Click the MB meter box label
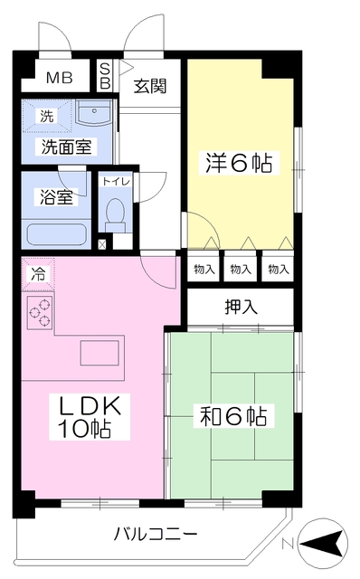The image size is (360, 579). [x=59, y=78]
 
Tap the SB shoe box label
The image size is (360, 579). [x=106, y=76]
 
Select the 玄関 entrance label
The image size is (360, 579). [x=150, y=86]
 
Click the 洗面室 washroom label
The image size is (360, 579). [x=66, y=147]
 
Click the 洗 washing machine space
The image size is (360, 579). [x=47, y=117]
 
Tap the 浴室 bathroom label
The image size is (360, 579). [x=56, y=197]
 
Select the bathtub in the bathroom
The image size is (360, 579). [x=57, y=235]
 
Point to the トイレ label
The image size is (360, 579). [x=116, y=182]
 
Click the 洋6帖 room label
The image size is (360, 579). [x=239, y=163]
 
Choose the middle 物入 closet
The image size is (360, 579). [x=241, y=270]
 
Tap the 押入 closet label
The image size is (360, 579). [x=241, y=307]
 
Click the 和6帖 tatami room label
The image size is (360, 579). [x=233, y=416]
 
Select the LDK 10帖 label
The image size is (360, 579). [x=90, y=416]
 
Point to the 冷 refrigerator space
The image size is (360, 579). [x=38, y=274]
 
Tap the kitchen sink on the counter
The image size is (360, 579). [x=99, y=353]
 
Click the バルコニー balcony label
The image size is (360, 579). [x=155, y=534]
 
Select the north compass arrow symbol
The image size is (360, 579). [x=322, y=543]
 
